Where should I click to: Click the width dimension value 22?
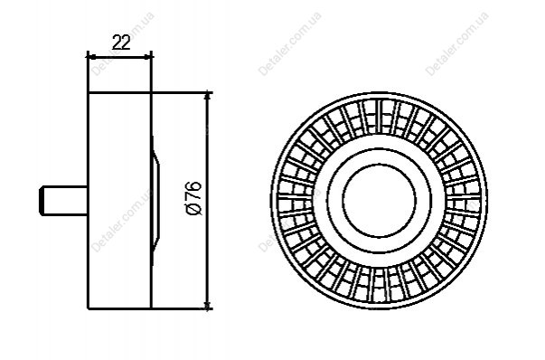click(x=121, y=43)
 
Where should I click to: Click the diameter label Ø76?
click(x=194, y=198)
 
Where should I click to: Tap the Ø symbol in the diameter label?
click(x=194, y=209)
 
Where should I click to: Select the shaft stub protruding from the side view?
click(x=63, y=201)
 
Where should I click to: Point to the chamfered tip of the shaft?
click(x=42, y=201)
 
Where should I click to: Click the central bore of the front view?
click(x=379, y=201)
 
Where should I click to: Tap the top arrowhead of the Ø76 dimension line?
click(x=208, y=96)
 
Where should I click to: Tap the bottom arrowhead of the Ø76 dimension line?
click(x=208, y=305)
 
